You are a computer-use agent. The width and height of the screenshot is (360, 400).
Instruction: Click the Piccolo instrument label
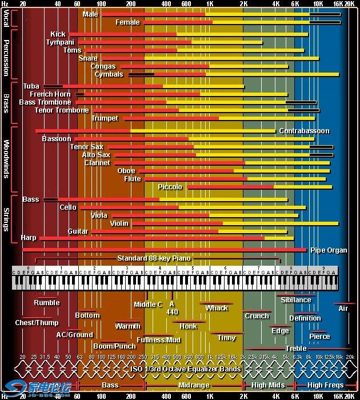click(x=170, y=187)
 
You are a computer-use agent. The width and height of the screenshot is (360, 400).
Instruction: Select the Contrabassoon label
click(x=304, y=131)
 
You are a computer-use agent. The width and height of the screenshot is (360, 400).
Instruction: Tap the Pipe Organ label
click(x=329, y=250)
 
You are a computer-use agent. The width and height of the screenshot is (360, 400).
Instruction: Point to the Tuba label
click(x=31, y=86)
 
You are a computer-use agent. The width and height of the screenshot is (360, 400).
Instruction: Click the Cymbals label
click(x=109, y=74)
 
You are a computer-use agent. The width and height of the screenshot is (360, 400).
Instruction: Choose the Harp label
click(x=28, y=237)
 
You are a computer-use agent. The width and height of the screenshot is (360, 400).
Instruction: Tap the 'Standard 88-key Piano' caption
click(x=154, y=258)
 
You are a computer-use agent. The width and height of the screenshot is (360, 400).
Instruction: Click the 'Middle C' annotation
click(x=148, y=305)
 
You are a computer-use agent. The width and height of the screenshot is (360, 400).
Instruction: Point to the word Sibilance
click(x=295, y=300)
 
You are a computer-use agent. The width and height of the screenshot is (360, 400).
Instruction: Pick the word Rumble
click(x=46, y=303)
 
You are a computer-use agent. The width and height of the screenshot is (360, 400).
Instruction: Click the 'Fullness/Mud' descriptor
click(x=159, y=339)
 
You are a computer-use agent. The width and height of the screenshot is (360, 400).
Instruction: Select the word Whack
click(x=217, y=308)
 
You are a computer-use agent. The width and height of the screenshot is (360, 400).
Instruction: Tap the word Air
click(x=343, y=309)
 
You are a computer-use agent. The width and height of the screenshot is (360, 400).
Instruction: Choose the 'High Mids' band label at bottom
click(x=268, y=385)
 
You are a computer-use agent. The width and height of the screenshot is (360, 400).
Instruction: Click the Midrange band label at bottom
click(x=194, y=385)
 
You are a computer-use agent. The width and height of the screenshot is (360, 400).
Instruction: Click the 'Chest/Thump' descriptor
click(x=37, y=323)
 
